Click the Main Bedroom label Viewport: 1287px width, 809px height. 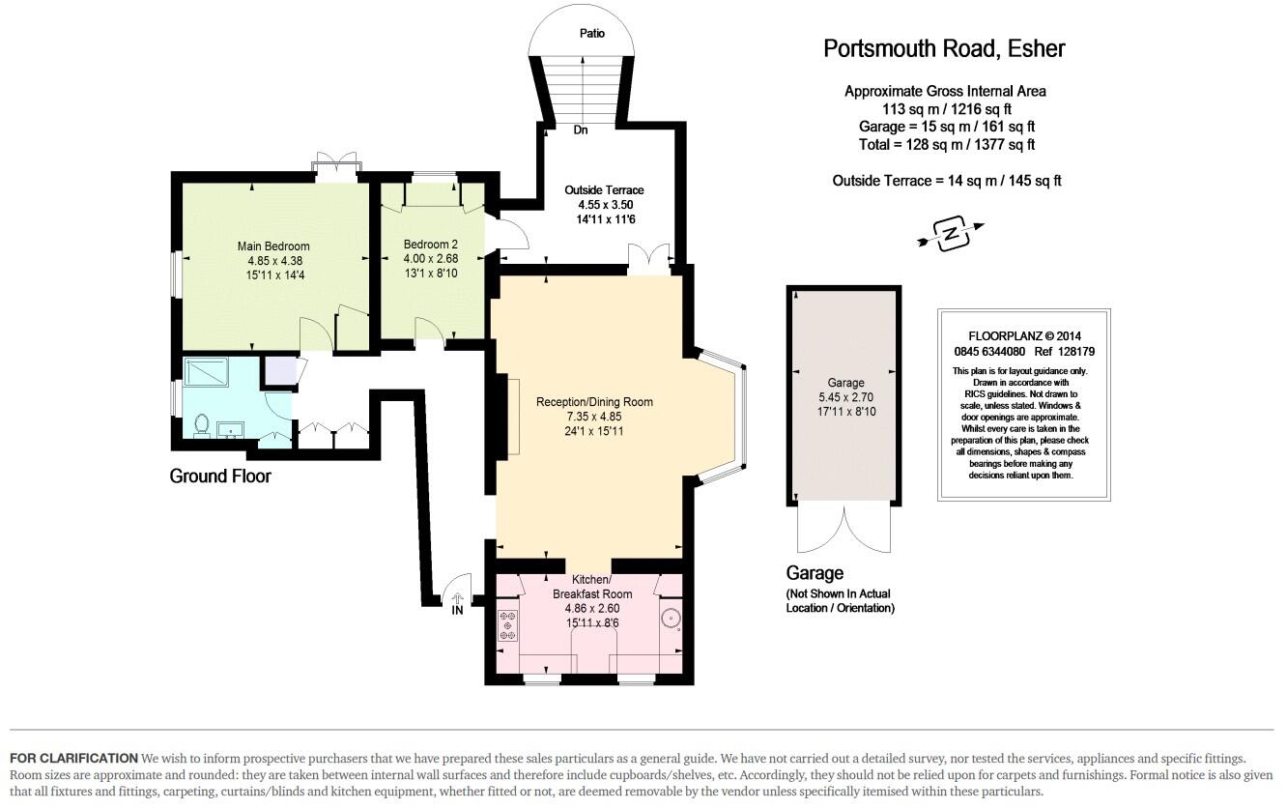coord(273,246)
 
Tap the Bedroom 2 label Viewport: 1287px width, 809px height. coord(431,245)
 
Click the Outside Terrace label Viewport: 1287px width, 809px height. coord(604,190)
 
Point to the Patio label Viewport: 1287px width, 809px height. coord(592,33)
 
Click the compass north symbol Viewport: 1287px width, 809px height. coord(951,234)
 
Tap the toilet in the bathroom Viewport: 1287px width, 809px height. coord(202,424)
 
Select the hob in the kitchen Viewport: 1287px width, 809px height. coord(507,625)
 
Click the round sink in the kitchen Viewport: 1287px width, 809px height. coord(670,618)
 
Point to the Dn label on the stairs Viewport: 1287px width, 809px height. coord(581,130)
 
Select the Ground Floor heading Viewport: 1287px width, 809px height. coord(220,476)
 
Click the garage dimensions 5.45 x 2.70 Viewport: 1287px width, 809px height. coord(845,397)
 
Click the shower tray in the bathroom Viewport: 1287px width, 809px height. coord(206,372)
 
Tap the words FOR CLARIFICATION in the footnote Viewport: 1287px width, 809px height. coord(73,759)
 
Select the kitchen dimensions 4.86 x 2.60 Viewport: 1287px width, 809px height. coord(592,609)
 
